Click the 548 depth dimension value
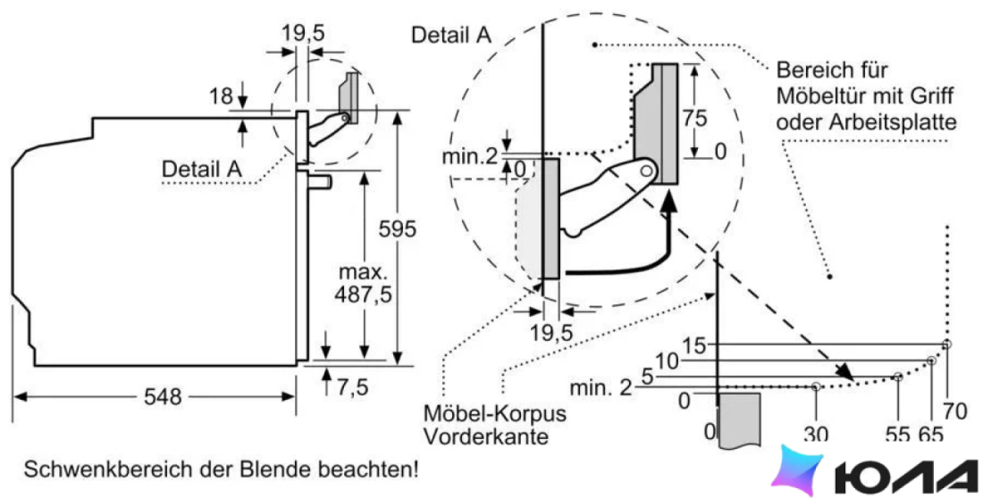(163, 396)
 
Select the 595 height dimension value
(398, 229)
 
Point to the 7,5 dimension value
(353, 387)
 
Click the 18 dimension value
(221, 96)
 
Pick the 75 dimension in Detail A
(694, 118)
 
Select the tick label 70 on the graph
(955, 412)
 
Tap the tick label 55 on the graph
(898, 434)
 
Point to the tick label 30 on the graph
(816, 434)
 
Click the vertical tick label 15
(694, 345)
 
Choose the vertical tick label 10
(667, 361)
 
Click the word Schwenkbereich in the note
(90, 469)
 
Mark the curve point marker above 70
(946, 344)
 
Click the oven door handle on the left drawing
(320, 181)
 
